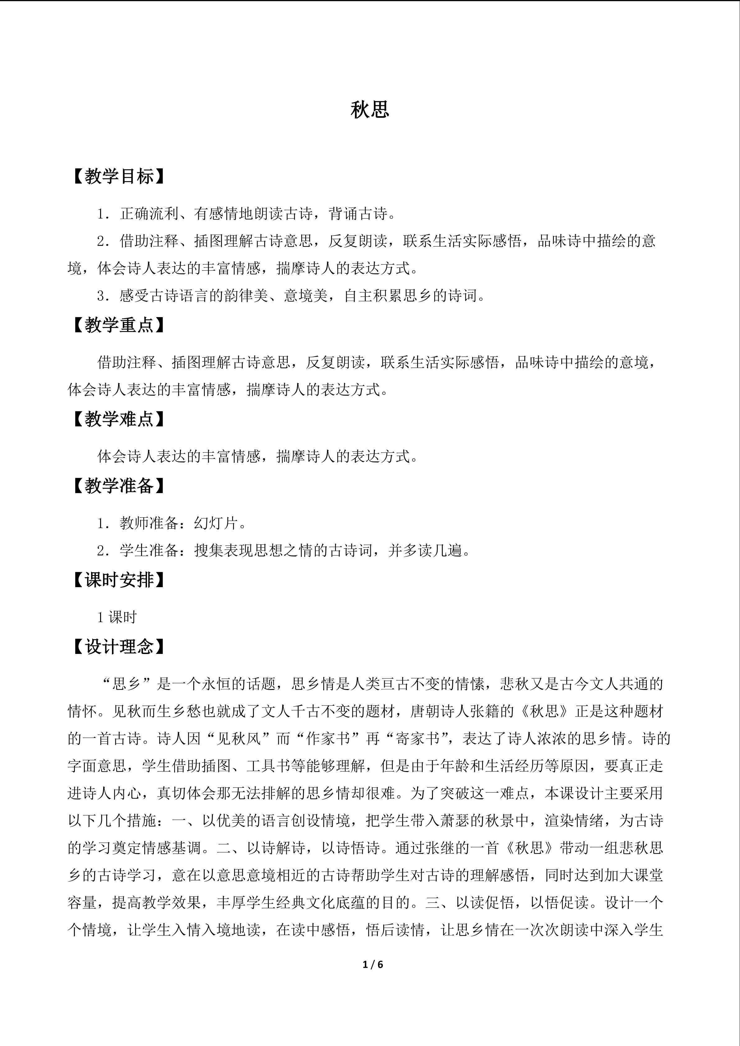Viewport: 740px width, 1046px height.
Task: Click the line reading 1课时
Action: [117, 617]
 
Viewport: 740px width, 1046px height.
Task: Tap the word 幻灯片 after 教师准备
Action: [216, 523]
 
